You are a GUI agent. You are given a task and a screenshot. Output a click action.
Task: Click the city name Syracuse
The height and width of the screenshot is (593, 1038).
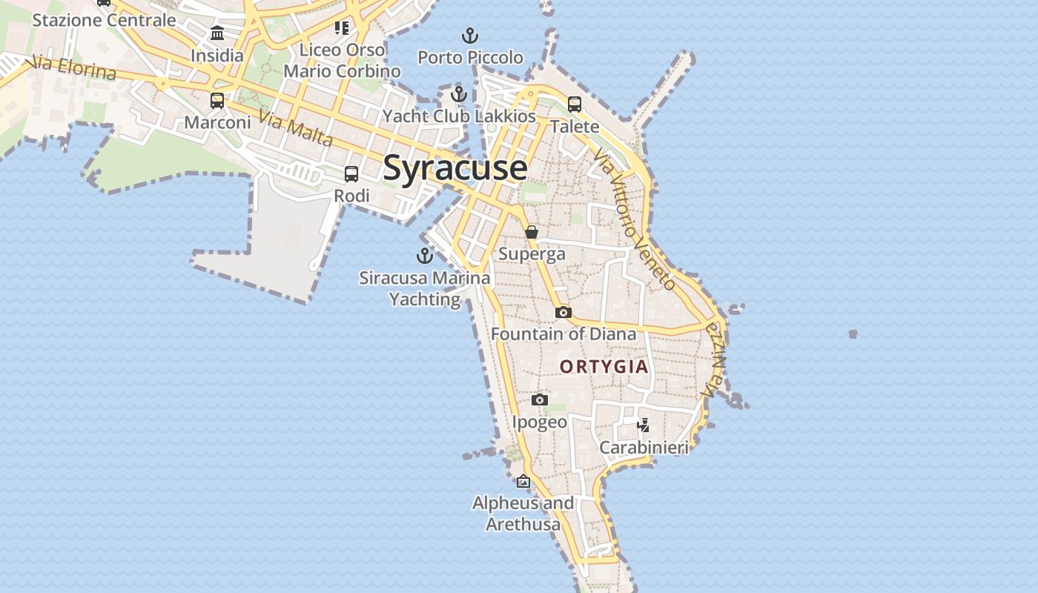point(455,168)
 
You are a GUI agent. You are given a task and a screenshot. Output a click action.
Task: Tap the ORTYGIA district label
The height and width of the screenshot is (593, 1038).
point(604,366)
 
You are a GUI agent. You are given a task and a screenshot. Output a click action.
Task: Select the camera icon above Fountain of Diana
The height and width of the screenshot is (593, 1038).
point(563,313)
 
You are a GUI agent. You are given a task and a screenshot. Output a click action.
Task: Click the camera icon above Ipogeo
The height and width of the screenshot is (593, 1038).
point(540,400)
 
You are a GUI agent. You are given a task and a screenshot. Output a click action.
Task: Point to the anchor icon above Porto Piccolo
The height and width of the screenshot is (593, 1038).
point(469,35)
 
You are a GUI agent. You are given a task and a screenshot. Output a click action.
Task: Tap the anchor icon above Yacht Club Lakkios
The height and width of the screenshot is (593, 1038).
point(459,94)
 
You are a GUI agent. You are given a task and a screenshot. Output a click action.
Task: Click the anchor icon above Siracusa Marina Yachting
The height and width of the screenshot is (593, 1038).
point(425,256)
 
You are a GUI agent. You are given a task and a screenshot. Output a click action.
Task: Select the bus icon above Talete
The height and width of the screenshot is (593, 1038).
point(575,105)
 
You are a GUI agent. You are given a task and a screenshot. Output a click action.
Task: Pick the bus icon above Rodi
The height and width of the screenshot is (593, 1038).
point(351,174)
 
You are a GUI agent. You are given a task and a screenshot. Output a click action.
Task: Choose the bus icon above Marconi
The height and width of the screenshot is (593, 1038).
point(217,101)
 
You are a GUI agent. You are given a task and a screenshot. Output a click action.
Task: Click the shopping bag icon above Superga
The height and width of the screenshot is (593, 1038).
point(532,232)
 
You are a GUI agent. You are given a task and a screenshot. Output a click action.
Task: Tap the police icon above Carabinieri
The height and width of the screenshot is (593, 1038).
point(644,425)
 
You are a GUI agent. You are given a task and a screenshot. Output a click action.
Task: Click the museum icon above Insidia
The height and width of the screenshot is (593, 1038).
point(217,33)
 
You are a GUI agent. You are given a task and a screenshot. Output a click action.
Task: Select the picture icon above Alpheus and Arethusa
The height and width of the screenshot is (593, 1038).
point(523,481)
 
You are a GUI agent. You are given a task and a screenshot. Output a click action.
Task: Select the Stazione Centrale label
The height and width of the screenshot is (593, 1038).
point(104,20)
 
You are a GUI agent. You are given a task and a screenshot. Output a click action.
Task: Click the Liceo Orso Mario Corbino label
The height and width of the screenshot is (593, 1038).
point(342,61)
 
